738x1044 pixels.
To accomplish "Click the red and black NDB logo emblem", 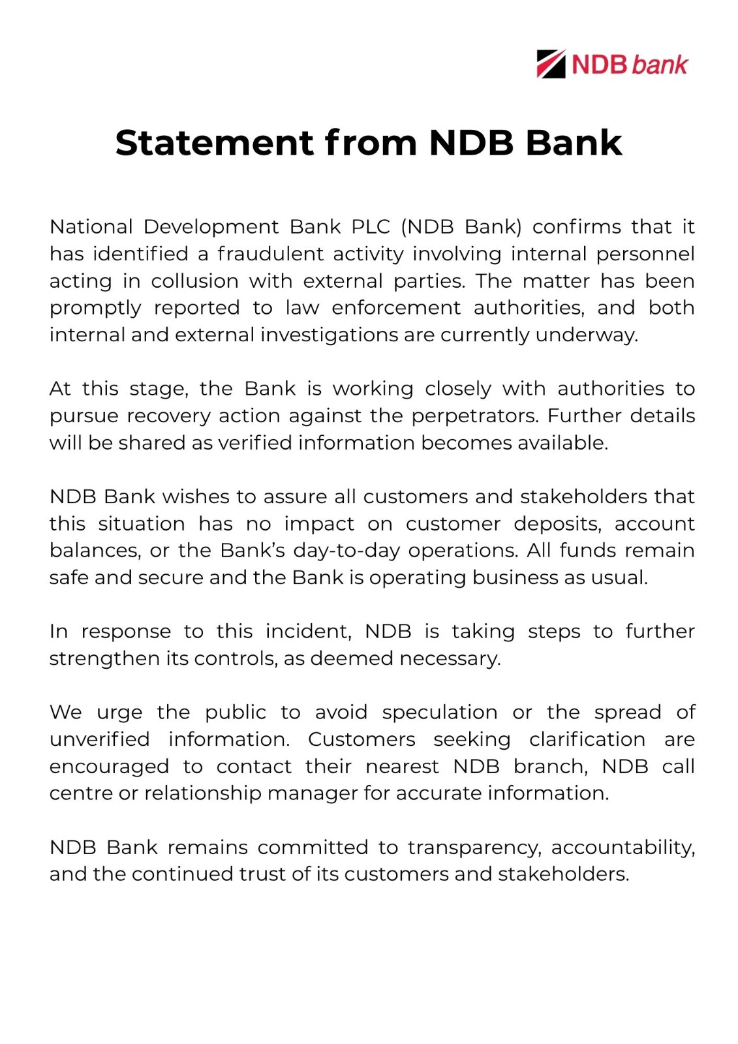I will click(x=551, y=64).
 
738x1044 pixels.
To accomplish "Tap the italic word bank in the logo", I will click(x=660, y=65).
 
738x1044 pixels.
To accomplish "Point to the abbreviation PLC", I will click(x=371, y=227).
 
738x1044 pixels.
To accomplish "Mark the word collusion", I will click(x=194, y=281).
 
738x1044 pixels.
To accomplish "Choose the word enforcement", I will click(x=395, y=308).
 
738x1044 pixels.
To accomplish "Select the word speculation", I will click(x=439, y=713).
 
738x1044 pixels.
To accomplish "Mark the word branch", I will click(x=550, y=766).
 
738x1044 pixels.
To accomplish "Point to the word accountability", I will click(x=623, y=848).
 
